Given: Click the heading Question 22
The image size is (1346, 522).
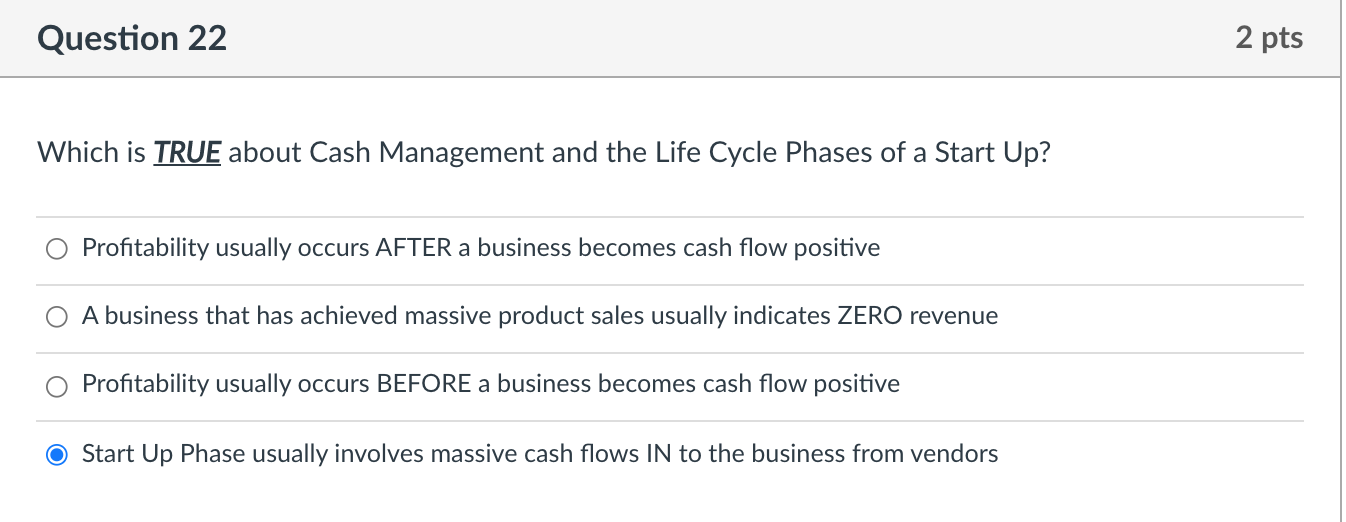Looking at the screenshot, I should (132, 38).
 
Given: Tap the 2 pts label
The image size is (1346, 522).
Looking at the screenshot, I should (1269, 38).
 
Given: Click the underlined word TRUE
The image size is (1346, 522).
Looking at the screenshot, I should (187, 153).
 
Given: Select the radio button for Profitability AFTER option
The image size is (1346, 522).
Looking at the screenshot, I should (57, 249).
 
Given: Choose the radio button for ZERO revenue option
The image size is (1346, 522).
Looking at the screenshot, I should (57, 317).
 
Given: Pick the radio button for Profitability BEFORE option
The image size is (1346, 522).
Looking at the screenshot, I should (57, 385).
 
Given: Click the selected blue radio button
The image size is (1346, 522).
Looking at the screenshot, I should (57, 455).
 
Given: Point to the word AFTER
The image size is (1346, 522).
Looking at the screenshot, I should (413, 248).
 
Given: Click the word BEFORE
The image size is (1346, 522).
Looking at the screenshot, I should (423, 384).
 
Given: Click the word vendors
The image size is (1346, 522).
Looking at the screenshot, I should (957, 454).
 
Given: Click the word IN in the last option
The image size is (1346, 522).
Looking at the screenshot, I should (658, 454).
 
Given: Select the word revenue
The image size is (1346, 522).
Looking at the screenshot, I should (953, 316).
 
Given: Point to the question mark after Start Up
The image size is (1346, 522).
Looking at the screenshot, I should (1045, 153).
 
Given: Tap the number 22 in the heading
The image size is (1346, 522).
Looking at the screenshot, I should (205, 38).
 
